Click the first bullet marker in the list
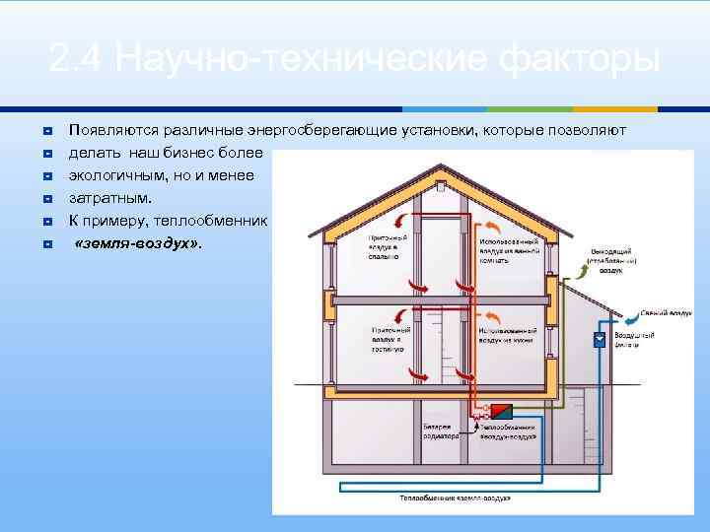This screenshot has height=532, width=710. [46, 130]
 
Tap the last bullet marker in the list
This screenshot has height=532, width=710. [46, 242]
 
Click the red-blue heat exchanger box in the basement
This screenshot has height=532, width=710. [502, 411]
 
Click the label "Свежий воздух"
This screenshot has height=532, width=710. [666, 313]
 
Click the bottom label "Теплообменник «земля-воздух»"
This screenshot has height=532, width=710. [455, 499]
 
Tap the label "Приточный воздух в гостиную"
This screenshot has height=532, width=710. [386, 339]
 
